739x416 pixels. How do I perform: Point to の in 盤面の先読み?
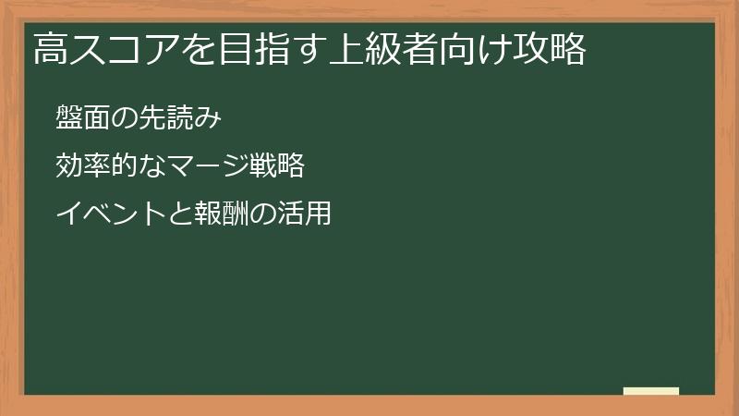125,117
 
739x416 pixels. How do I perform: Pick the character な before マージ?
151,166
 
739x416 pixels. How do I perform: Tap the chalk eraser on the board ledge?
651,391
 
